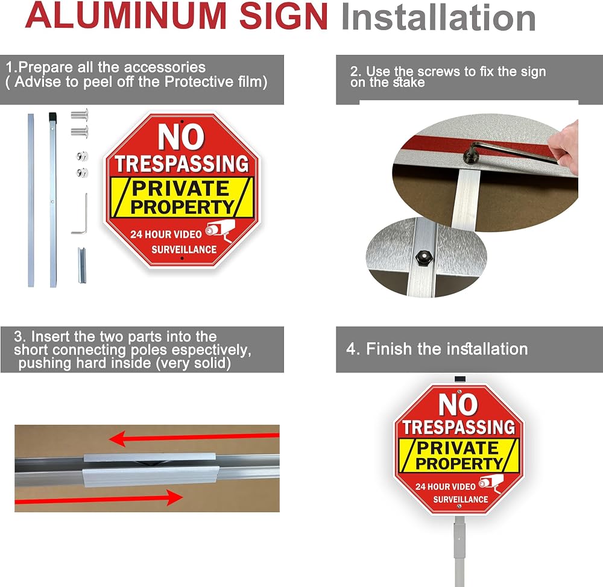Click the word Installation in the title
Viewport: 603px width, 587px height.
(x=438, y=17)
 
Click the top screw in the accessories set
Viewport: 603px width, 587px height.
(x=80, y=115)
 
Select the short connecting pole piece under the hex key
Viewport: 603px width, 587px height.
(x=82, y=265)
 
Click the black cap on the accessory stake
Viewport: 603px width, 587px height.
(x=52, y=116)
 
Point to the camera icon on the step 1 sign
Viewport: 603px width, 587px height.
(x=220, y=230)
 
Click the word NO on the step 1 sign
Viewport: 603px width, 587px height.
(x=181, y=136)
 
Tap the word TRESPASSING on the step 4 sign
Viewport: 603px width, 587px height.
(x=459, y=427)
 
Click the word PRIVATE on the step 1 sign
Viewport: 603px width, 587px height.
(x=180, y=188)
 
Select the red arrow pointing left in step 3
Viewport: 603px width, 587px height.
(x=194, y=438)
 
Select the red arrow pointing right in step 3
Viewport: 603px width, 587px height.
(x=98, y=498)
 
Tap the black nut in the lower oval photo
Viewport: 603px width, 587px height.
(x=423, y=256)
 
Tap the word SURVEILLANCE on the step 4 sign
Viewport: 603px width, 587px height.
(x=460, y=500)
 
